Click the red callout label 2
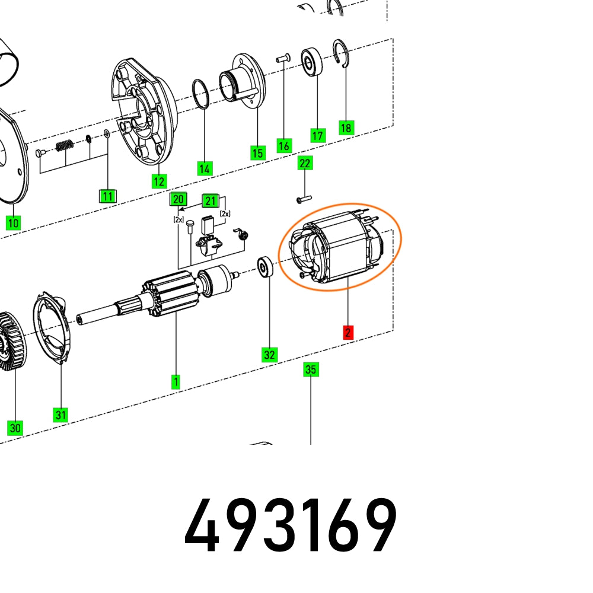click(347, 333)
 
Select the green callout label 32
click(270, 355)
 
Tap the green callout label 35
click(311, 369)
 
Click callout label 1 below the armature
click(176, 382)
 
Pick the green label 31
click(61, 415)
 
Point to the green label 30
click(15, 428)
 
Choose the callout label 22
click(304, 163)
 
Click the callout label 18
click(346, 127)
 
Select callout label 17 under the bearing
click(318, 136)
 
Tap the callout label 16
click(284, 145)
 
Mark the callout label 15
click(257, 153)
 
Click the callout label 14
click(205, 168)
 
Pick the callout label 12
click(158, 181)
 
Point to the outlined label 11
click(107, 196)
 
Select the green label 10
click(13, 223)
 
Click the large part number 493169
click(291, 526)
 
